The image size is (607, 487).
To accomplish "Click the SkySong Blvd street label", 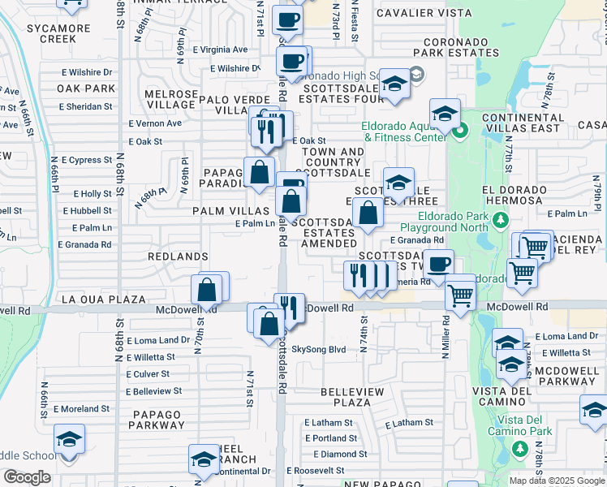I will [319, 350].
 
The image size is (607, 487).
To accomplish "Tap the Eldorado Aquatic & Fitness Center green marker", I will [460, 130].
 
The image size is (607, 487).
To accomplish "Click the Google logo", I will [27, 477].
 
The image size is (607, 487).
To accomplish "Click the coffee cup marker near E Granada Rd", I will [439, 264].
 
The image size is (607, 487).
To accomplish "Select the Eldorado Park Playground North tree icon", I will [501, 220].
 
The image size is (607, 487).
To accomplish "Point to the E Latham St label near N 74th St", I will [409, 423].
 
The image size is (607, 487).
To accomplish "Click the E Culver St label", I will [148, 374].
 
